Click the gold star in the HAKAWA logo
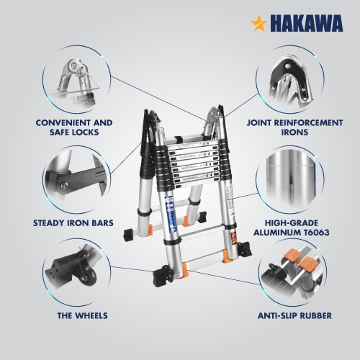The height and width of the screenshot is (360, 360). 259,23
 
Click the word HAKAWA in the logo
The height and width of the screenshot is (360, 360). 307,23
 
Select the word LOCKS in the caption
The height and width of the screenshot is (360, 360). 85,132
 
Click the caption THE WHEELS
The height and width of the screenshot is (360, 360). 82,315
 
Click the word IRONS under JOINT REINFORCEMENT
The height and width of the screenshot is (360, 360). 294,132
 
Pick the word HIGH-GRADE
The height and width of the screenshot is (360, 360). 292,223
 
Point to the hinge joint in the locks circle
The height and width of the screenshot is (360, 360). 73,66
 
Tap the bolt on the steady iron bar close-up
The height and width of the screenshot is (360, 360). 63,185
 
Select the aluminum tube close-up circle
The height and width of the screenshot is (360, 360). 289,179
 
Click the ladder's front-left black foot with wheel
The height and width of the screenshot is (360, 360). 162,276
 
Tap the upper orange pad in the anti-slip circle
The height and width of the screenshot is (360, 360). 291,257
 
